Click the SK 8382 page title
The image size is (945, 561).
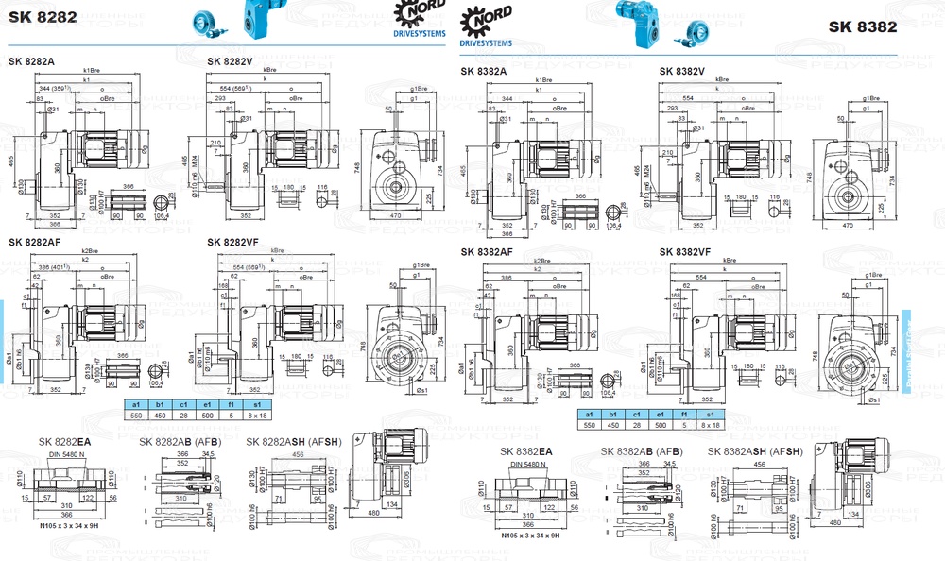click(863, 26)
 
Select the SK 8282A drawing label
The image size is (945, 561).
click(31, 61)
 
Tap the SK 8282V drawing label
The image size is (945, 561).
click(230, 61)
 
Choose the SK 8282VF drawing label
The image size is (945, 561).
click(232, 242)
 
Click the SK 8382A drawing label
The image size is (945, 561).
click(484, 71)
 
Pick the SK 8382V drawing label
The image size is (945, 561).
click(682, 71)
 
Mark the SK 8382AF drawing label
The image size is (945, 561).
click(487, 252)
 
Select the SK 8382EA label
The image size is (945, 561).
click(526, 452)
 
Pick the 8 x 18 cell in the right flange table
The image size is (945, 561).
click(709, 425)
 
